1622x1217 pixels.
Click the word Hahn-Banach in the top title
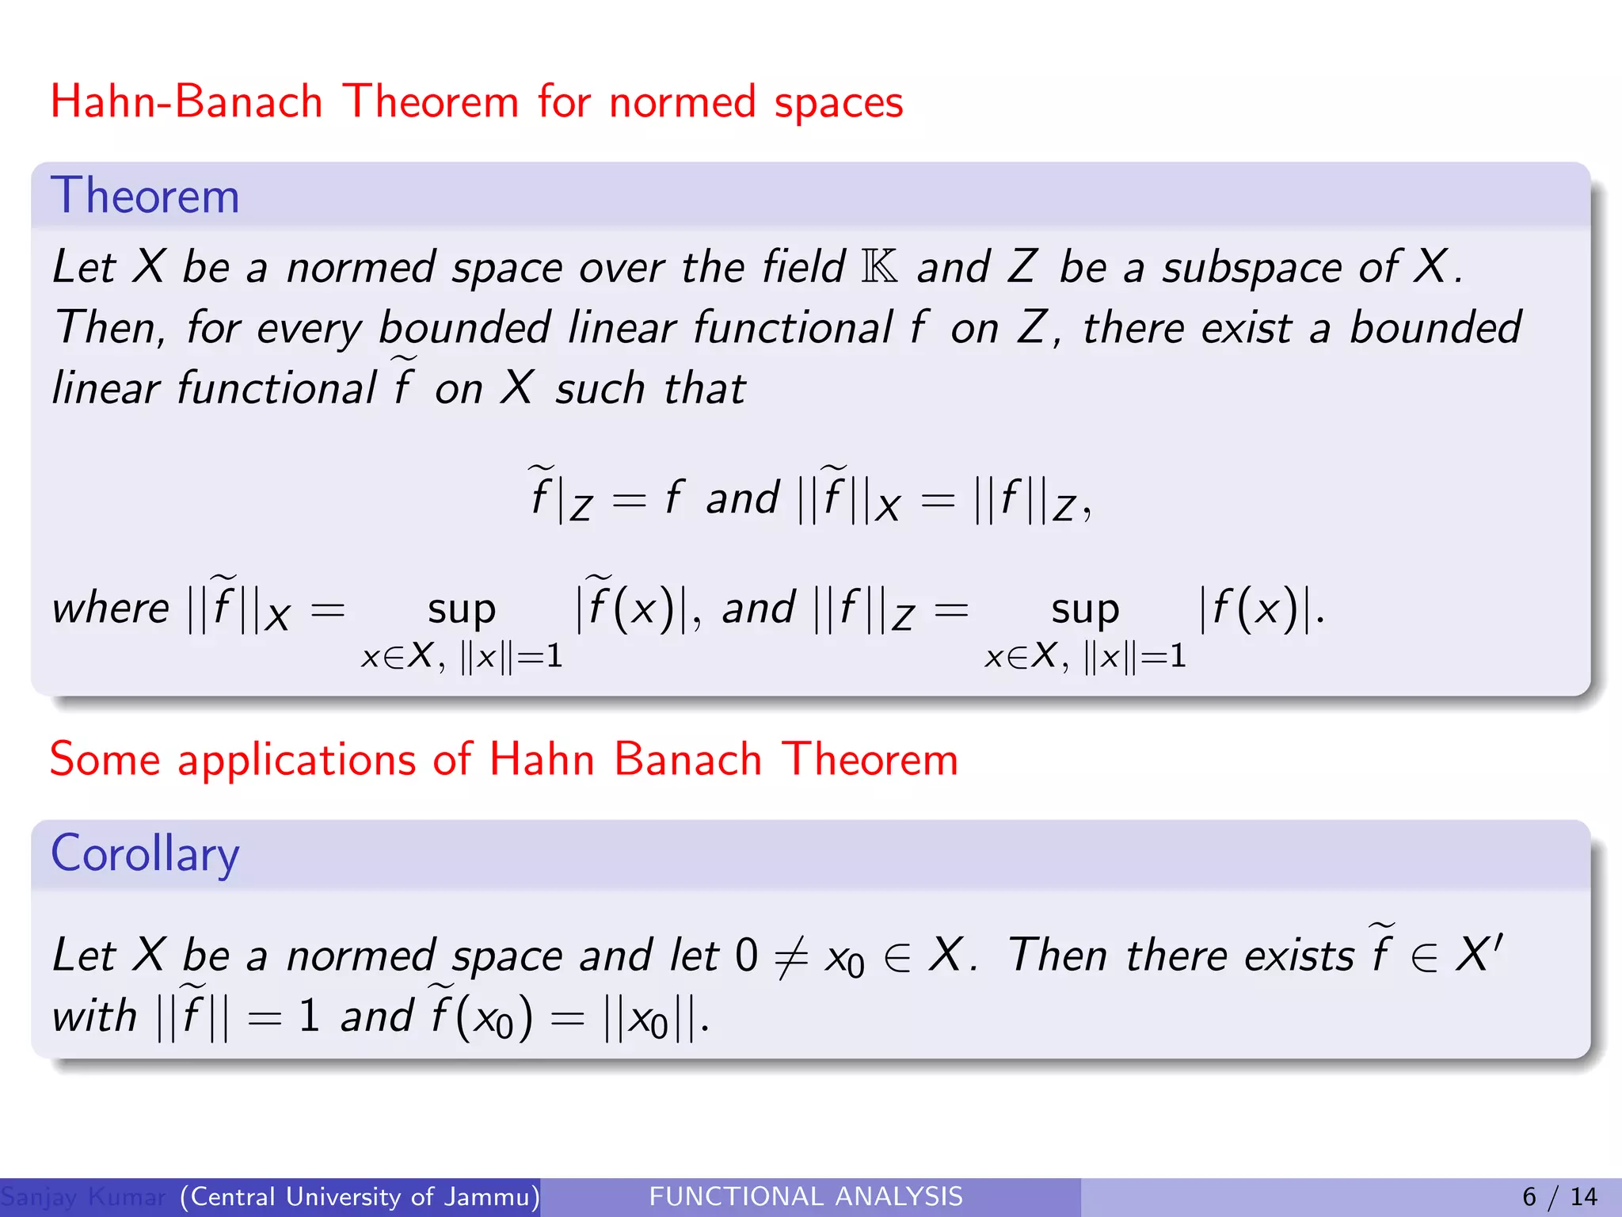pyautogui.click(x=186, y=102)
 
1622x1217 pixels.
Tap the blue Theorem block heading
pyautogui.click(x=145, y=196)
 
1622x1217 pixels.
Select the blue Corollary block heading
pyautogui.click(x=145, y=854)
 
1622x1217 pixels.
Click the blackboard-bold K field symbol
pyautogui.click(x=880, y=266)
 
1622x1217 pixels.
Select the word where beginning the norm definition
pyautogui.click(x=110, y=608)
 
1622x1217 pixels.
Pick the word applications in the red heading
pyautogui.click(x=298, y=760)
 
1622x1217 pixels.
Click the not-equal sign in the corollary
pyautogui.click(x=790, y=956)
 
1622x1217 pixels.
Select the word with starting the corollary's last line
pyautogui.click(x=94, y=1016)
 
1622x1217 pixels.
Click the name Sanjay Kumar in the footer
pyautogui.click(x=83, y=1196)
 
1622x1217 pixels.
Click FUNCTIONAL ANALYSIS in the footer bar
pyautogui.click(x=805, y=1196)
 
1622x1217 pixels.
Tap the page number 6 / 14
pyautogui.click(x=1559, y=1196)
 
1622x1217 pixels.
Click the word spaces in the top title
pyautogui.click(x=838, y=104)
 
